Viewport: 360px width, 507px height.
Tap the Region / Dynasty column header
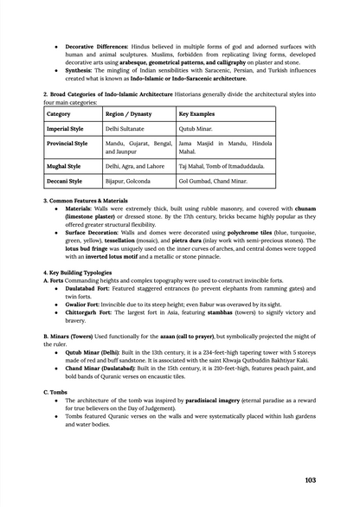pyautogui.click(x=126, y=113)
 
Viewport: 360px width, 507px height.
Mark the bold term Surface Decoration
pyautogui.click(x=96, y=233)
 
